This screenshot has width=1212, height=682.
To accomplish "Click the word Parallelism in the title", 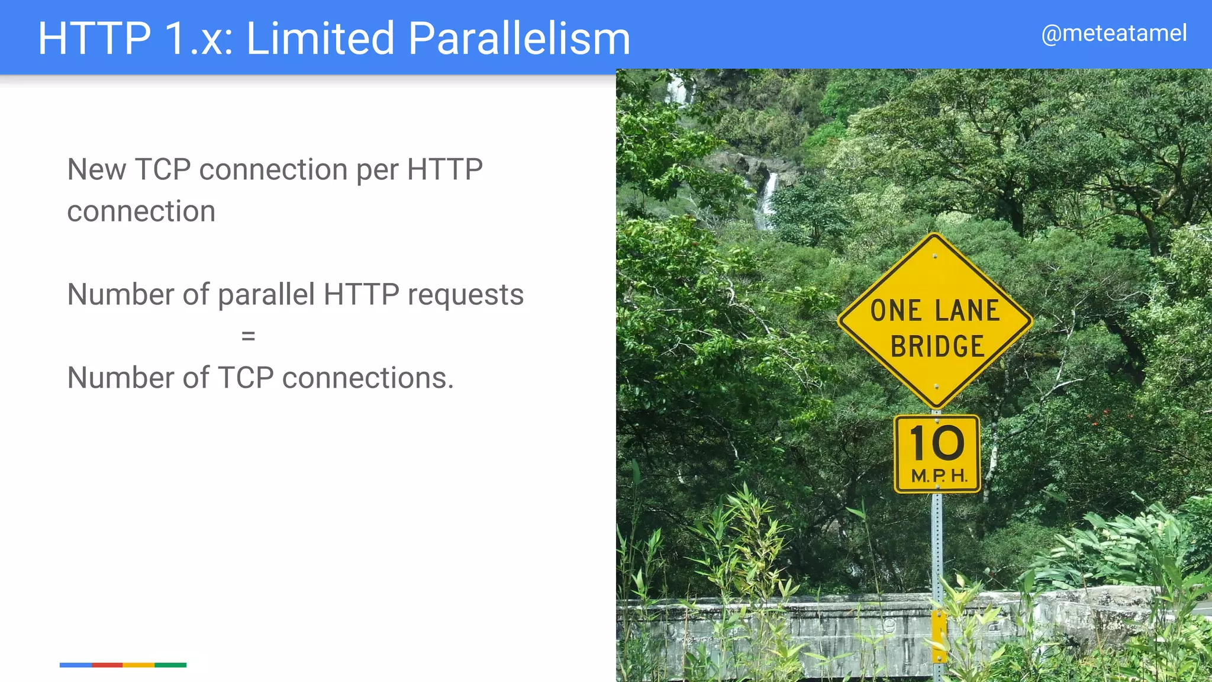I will point(519,38).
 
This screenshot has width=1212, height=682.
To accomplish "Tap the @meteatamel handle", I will point(1114,33).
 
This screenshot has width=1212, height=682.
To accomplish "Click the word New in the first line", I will point(96,170).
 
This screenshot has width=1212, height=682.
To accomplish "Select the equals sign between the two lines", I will point(248,336).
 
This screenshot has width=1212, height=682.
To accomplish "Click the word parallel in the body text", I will point(266,295).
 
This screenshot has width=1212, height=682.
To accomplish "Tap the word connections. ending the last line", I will point(368,378).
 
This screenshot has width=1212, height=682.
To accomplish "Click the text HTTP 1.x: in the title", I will point(135,38).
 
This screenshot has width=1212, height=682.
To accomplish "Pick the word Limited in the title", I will point(320,38).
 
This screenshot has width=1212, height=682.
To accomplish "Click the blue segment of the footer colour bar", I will point(76,665).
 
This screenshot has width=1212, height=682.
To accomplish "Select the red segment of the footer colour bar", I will point(107,665).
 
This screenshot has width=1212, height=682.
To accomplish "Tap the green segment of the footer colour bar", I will point(170,665).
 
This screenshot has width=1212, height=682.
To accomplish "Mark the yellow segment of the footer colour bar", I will point(138,665).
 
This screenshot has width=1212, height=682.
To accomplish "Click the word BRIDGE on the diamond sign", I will point(937,347).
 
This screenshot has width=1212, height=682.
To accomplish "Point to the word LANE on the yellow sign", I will point(967,311).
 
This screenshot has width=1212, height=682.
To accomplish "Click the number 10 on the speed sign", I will point(937,443).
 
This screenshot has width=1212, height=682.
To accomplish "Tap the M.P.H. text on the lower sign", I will point(939,475).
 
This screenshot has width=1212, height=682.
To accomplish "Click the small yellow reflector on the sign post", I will point(939,636).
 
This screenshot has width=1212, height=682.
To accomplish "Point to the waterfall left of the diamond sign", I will point(767,198).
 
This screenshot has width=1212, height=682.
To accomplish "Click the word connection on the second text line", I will point(141,211).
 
